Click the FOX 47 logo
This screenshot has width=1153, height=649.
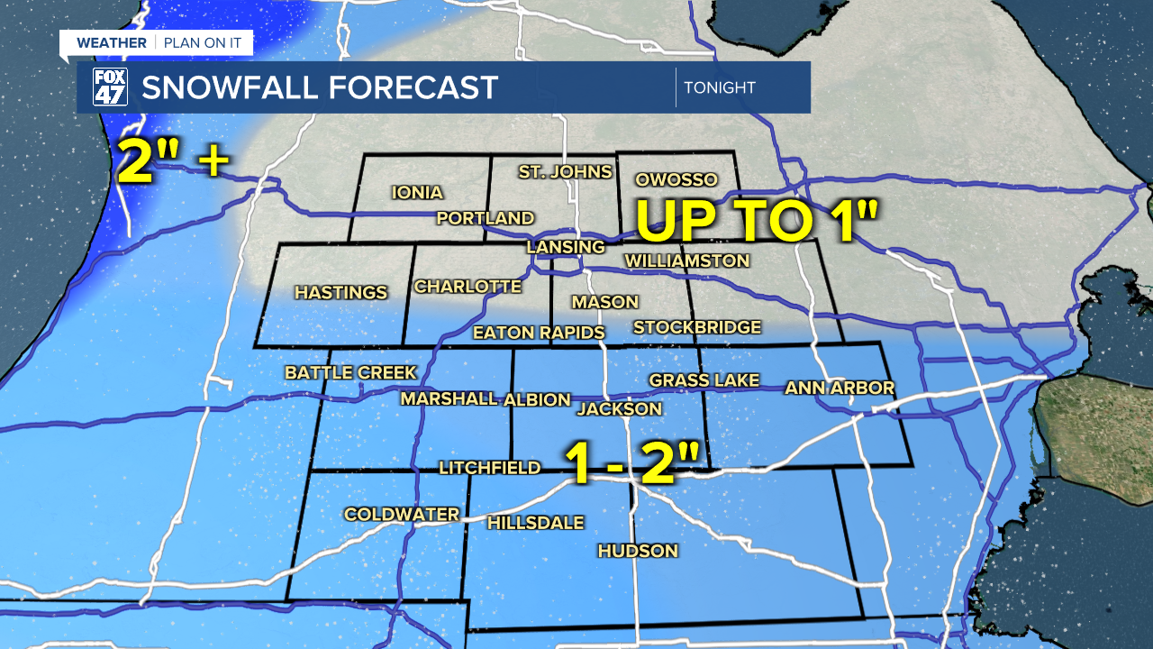[110, 87]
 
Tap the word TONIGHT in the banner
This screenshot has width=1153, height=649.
[719, 87]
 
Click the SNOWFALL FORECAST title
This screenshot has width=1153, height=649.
[320, 87]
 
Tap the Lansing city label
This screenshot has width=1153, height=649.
[566, 247]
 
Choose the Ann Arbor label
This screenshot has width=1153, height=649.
[840, 388]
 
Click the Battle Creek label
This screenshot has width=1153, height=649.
[350, 372]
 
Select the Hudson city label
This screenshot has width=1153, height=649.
[638, 551]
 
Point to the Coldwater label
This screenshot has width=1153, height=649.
[402, 514]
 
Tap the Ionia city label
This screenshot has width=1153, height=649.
[417, 192]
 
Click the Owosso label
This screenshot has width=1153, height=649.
[676, 179]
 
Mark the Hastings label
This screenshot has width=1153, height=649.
[340, 292]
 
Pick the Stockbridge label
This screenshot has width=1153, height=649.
[697, 327]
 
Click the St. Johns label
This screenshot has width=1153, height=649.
[565, 171]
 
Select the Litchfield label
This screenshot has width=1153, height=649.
[489, 467]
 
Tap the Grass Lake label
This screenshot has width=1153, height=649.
[704, 380]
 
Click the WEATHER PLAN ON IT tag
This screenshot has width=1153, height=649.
[156, 42]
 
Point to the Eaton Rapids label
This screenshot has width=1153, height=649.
[539, 333]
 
